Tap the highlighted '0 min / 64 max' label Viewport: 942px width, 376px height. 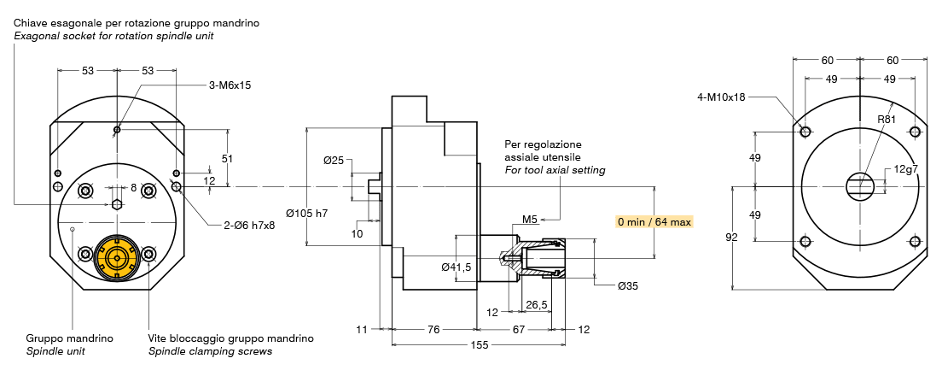(x=654, y=221)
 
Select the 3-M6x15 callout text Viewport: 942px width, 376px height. (x=230, y=85)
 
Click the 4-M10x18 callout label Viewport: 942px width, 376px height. (x=721, y=97)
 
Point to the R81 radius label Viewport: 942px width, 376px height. (x=887, y=120)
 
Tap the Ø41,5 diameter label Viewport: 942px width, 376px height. (x=456, y=267)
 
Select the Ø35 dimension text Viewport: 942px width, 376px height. (x=627, y=285)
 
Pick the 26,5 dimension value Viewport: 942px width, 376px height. (x=537, y=305)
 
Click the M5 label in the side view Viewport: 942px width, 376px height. (x=530, y=220)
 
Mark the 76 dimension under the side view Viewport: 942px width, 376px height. (x=433, y=329)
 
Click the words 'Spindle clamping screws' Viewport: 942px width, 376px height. (x=210, y=351)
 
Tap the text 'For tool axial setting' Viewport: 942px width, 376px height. (x=555, y=170)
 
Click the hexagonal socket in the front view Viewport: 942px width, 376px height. (x=117, y=203)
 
